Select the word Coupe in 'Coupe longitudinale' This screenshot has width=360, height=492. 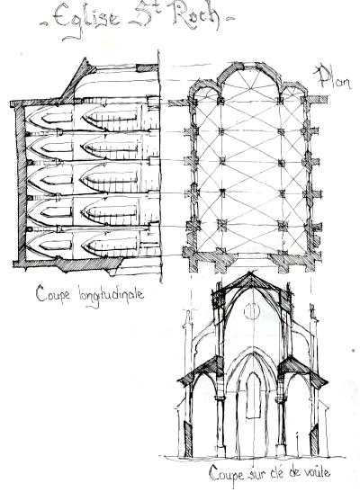(x=53, y=294)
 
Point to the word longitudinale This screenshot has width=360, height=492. (x=111, y=296)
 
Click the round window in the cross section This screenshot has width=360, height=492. (x=252, y=311)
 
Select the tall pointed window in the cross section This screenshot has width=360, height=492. (x=253, y=396)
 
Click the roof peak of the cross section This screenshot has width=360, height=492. (x=250, y=273)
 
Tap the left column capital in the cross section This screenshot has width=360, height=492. (x=220, y=399)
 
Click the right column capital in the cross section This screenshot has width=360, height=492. (x=280, y=399)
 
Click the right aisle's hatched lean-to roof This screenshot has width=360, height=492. (x=303, y=371)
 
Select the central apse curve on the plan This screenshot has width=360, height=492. (x=249, y=69)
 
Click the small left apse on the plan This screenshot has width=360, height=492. (x=204, y=87)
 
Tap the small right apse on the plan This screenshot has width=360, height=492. (x=294, y=88)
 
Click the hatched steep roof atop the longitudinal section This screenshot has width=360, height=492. (x=76, y=81)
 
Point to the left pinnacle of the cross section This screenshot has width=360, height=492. (x=189, y=323)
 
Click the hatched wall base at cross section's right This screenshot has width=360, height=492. (x=314, y=440)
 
